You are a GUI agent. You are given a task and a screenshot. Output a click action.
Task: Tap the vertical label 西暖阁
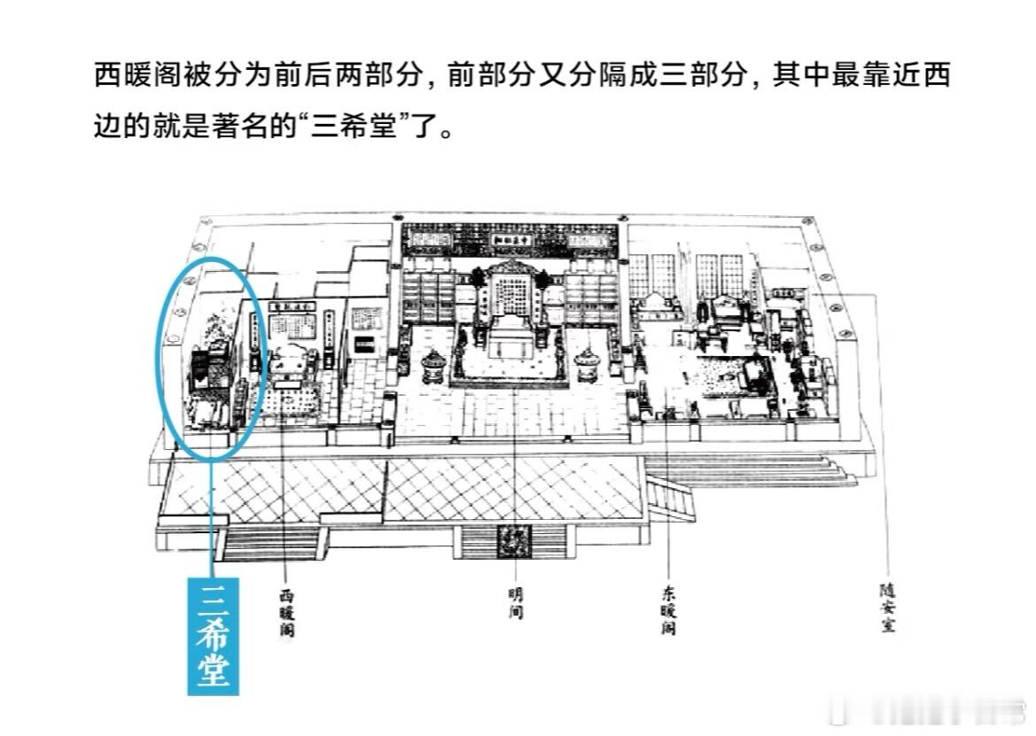(285, 609)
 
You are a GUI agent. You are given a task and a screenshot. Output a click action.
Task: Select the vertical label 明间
(515, 600)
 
